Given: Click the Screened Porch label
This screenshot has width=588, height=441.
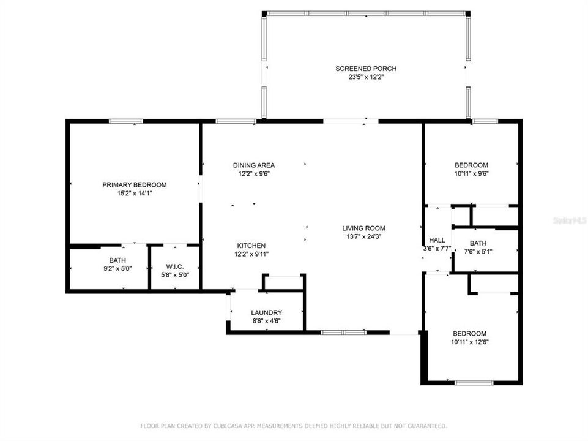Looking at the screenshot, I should click(366, 69).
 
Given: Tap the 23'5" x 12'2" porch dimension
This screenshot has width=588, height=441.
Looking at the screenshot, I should click(366, 78).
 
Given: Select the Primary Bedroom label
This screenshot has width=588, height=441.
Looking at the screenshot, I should click(135, 184).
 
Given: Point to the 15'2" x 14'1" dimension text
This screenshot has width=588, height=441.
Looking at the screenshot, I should click(135, 194).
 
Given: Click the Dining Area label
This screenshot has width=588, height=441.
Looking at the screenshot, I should click(254, 165).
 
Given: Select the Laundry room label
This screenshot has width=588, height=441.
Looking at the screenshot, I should click(266, 312).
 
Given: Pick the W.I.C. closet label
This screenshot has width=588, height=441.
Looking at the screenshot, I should click(175, 267).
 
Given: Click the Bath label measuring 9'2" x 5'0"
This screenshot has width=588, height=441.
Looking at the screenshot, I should click(117, 260).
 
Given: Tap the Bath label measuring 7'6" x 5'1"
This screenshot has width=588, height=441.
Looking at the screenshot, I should click(478, 243).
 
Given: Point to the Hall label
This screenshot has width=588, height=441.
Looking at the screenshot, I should click(437, 240).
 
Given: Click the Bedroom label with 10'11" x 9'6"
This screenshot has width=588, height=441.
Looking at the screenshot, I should click(471, 165).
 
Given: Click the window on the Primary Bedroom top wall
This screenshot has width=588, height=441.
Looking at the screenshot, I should click(126, 121).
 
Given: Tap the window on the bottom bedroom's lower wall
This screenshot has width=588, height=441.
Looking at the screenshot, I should click(474, 383).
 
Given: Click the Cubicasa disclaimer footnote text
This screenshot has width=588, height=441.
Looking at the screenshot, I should click(294, 425).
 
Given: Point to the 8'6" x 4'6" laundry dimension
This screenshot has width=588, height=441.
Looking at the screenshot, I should click(266, 321).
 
